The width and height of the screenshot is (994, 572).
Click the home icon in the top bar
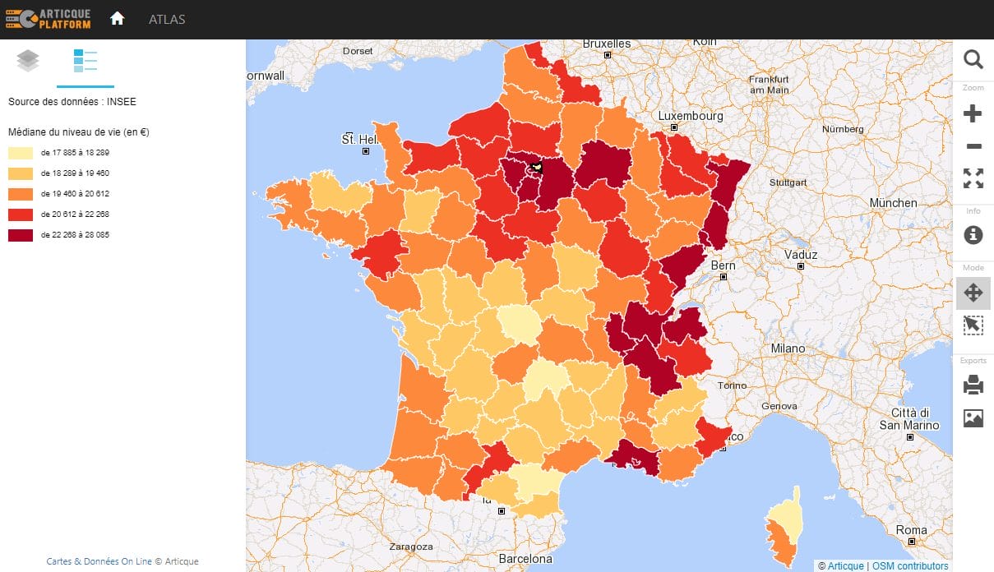(117, 19)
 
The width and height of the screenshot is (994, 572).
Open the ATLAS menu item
(167, 20)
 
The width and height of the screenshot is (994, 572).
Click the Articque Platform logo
(48, 19)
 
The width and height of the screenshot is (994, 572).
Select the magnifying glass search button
(973, 59)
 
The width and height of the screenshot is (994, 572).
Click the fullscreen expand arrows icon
(973, 178)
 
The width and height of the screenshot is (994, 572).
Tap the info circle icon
(973, 234)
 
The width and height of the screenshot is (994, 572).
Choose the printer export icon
(973, 385)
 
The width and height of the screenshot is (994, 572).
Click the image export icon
(973, 418)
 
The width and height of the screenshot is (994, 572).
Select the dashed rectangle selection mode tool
(973, 325)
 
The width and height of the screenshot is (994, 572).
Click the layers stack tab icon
(28, 61)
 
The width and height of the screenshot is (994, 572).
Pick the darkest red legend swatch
(21, 234)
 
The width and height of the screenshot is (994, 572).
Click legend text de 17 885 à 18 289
(75, 153)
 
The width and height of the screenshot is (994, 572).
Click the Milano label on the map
(788, 348)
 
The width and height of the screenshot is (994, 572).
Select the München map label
(893, 203)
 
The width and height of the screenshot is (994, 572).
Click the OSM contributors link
(910, 565)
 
